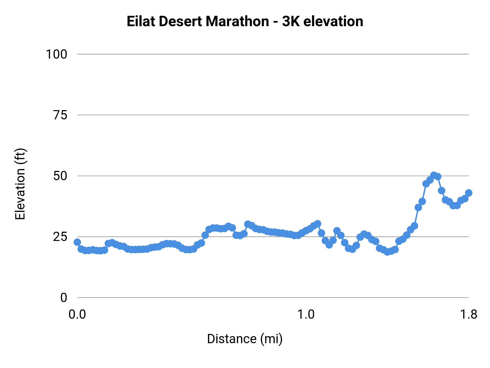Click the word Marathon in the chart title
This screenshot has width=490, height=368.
click(237, 21)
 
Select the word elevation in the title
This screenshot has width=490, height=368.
click(333, 21)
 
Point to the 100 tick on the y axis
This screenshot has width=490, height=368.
click(56, 54)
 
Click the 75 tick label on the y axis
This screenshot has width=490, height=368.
click(60, 115)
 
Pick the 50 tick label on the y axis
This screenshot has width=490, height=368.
click(60, 176)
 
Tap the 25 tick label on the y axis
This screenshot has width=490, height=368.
click(60, 237)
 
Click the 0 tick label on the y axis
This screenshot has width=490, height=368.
click(63, 298)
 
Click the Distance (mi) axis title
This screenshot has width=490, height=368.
click(245, 339)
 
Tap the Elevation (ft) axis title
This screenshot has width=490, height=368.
click(20, 184)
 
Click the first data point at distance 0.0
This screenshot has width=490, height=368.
click(77, 242)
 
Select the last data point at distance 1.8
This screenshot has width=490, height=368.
click(468, 193)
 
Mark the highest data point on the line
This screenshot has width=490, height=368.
click(434, 175)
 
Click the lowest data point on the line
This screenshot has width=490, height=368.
click(387, 252)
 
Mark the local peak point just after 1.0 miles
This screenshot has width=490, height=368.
click(317, 224)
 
